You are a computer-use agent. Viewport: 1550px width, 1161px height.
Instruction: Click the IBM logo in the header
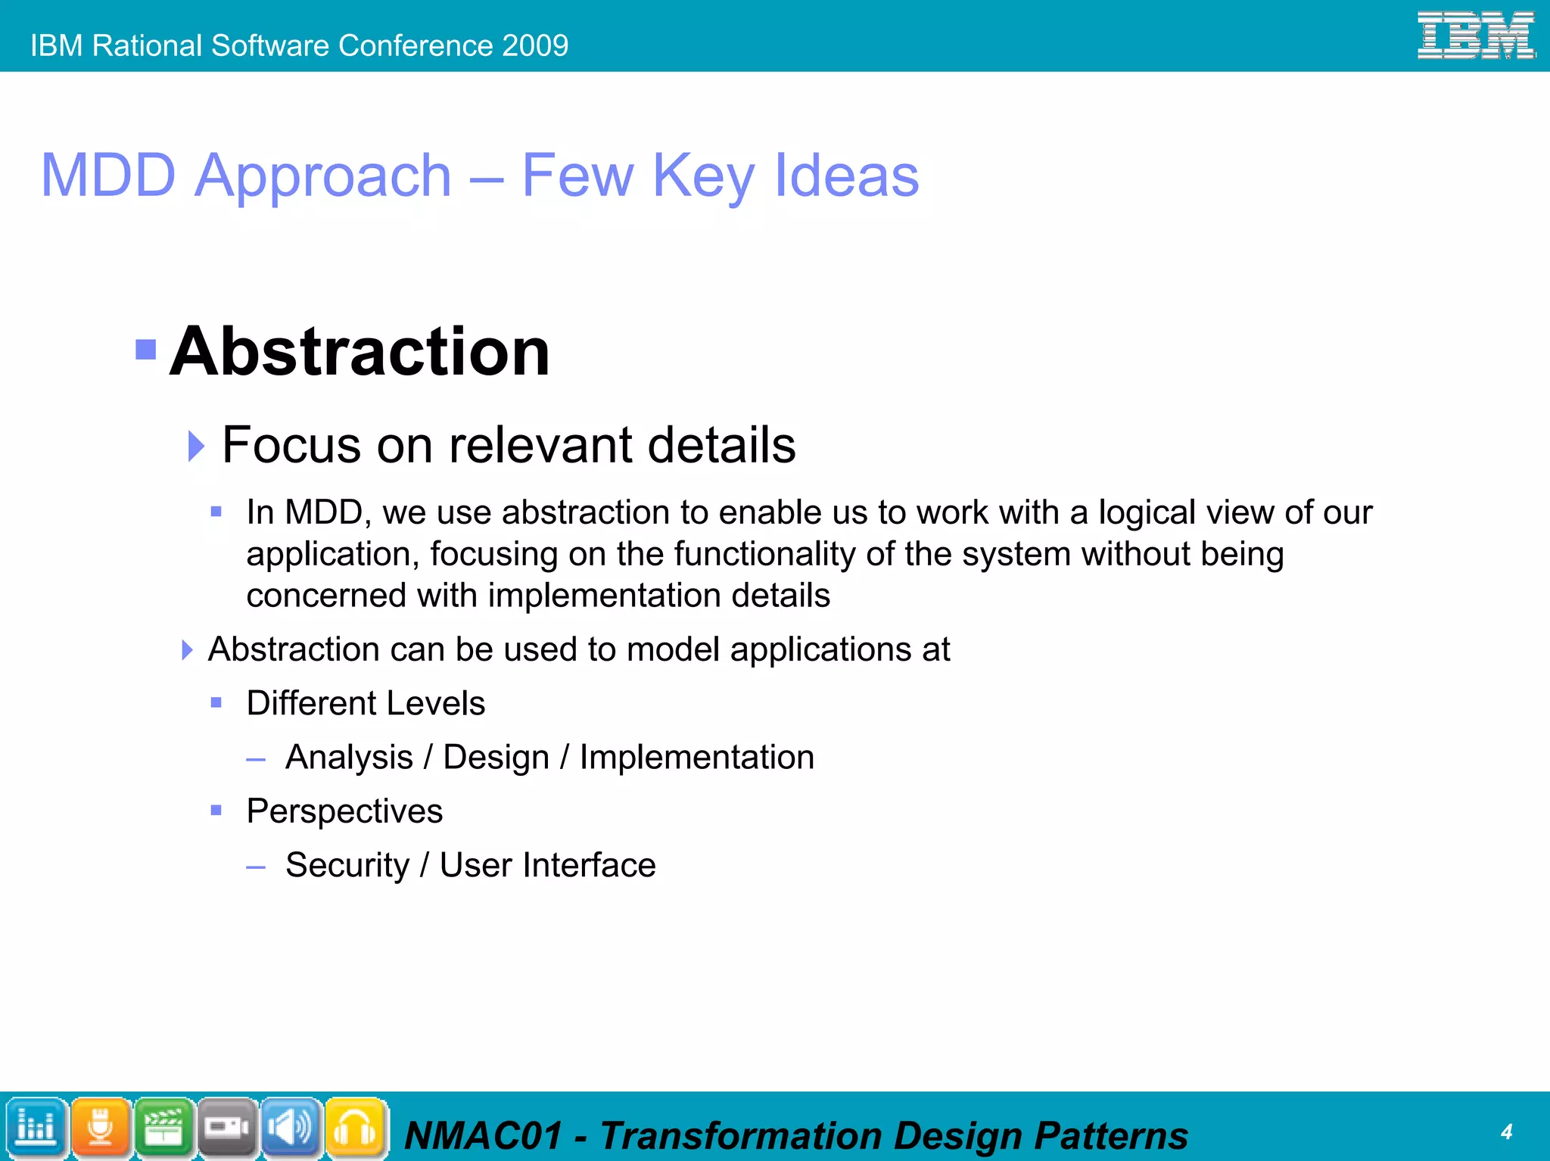click(x=1475, y=36)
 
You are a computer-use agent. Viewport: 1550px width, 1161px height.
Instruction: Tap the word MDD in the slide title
click(x=108, y=176)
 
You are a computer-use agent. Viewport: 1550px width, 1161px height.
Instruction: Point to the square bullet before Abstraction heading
click(x=145, y=350)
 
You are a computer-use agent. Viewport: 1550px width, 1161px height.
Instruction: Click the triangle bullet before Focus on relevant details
click(x=196, y=446)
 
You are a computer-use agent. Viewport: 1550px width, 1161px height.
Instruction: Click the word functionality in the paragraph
click(x=764, y=554)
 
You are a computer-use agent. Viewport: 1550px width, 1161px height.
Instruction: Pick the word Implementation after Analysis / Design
click(x=696, y=758)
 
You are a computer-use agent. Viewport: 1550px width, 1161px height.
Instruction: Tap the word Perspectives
click(x=344, y=811)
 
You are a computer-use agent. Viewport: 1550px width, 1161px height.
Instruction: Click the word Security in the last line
click(x=347, y=865)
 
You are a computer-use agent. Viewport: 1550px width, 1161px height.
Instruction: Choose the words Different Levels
click(x=366, y=703)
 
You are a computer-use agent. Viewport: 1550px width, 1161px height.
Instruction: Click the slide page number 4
click(x=1506, y=1131)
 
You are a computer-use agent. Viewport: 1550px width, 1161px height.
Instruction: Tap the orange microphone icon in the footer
click(x=100, y=1128)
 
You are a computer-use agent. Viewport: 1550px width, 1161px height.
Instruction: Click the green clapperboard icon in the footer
click(x=163, y=1128)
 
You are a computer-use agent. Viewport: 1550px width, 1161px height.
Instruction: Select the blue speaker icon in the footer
click(x=291, y=1128)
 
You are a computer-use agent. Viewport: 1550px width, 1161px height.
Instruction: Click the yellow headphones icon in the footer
click(x=355, y=1128)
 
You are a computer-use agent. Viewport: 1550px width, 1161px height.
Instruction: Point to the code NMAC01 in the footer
click(x=484, y=1136)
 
